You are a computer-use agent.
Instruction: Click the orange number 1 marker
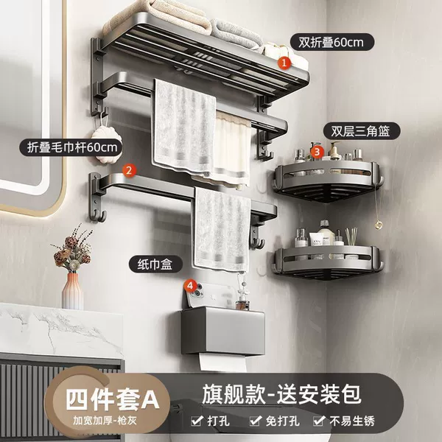click(284, 63)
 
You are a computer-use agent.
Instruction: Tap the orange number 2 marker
click(129, 170)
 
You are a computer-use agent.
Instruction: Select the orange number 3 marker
click(317, 152)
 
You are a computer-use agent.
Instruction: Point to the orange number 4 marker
click(190, 286)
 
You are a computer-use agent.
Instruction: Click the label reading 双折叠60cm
click(331, 42)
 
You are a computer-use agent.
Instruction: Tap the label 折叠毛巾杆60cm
click(71, 147)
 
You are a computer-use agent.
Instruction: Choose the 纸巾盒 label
click(155, 264)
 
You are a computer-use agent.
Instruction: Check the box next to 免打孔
click(255, 421)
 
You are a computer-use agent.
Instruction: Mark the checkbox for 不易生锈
click(319, 421)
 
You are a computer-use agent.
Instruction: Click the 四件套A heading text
click(113, 399)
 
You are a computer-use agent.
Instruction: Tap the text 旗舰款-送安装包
click(281, 395)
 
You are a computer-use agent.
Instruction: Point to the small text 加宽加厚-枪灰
click(105, 421)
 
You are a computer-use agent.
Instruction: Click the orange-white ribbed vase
click(72, 291)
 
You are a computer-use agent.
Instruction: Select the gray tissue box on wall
click(222, 331)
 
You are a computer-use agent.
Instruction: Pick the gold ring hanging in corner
click(378, 225)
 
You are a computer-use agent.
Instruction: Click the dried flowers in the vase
click(73, 248)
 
